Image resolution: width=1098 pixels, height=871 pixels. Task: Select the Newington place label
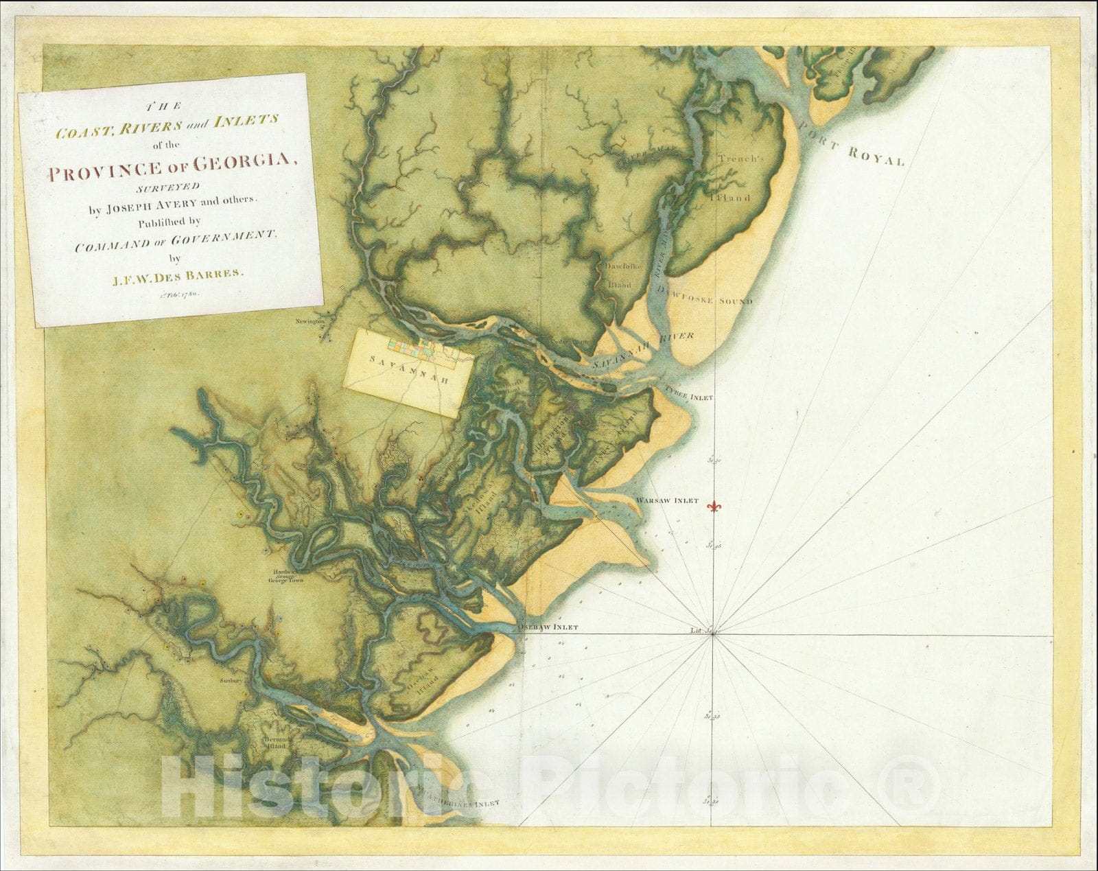click(x=309, y=321)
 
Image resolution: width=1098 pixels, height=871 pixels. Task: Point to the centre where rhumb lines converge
click(x=714, y=634)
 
